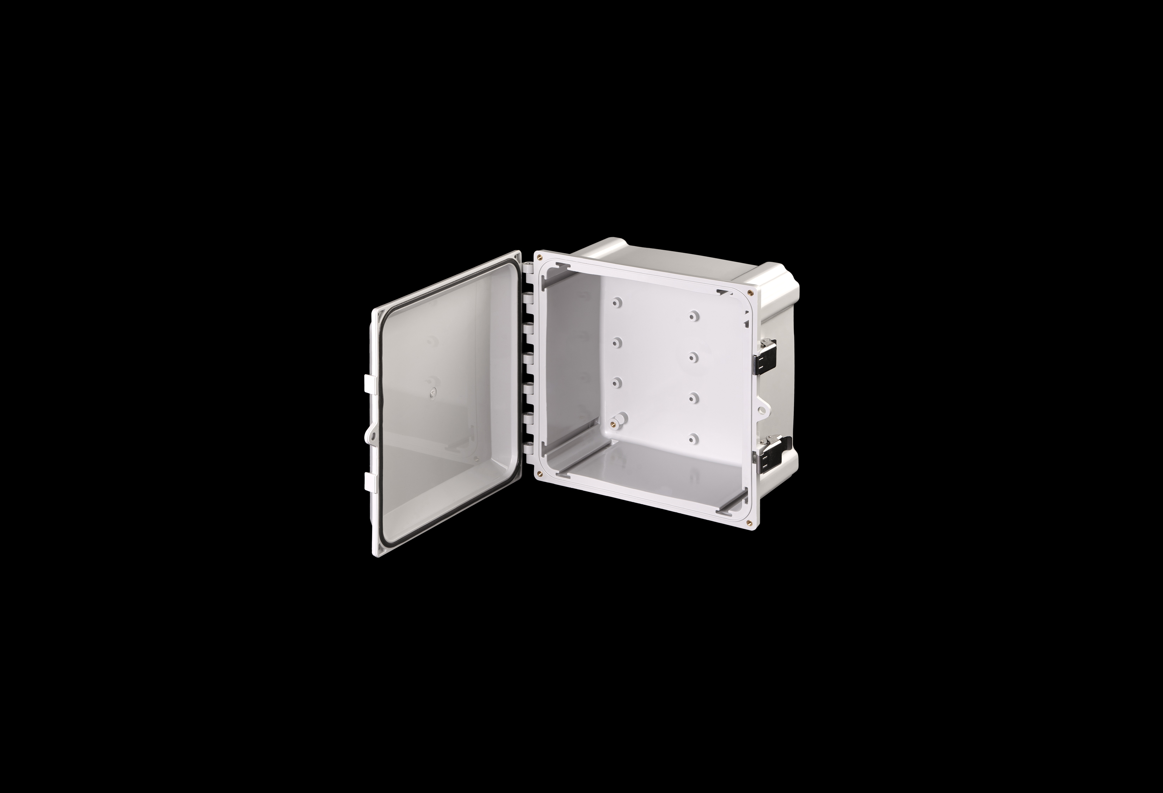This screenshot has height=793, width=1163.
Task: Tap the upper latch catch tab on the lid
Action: click(367, 382)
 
